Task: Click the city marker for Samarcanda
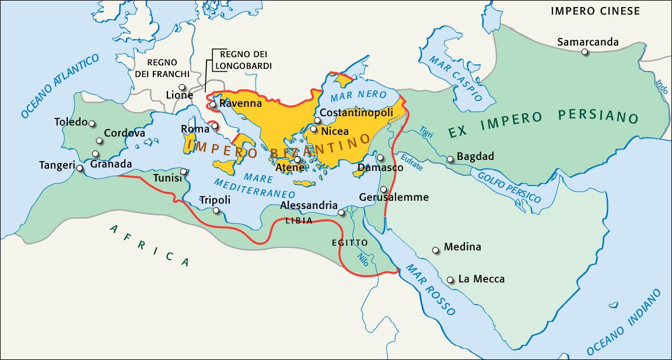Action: pos(584,52)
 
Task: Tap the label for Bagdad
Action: pos(475,156)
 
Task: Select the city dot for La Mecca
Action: pos(450,280)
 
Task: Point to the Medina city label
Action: pos(463,247)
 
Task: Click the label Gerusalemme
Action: pos(394,197)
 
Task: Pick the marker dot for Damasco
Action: pos(380,158)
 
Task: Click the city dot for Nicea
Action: pos(314,129)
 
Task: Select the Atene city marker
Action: pos(297,159)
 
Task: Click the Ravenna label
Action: pos(240,103)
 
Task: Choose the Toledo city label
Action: pos(70,122)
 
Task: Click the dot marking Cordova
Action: pos(98,141)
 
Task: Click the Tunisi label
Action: pos(166,177)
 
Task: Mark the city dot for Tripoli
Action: pos(216,211)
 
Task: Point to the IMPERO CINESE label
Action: pos(595,11)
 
